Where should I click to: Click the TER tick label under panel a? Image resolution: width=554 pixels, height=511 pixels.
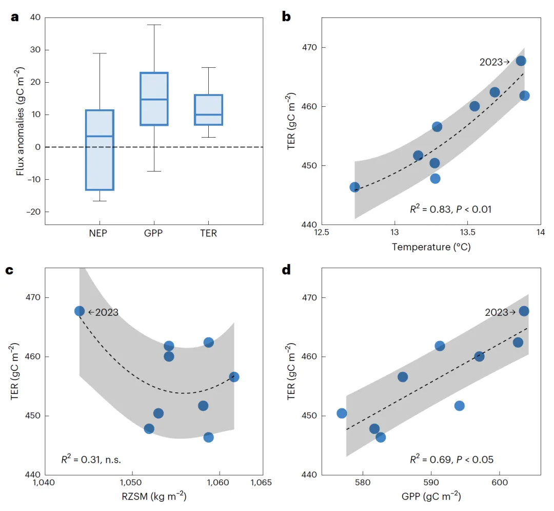(x=209, y=233)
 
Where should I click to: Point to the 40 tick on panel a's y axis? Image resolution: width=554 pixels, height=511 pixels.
(x=35, y=17)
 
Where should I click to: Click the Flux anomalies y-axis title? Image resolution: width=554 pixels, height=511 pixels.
(x=20, y=121)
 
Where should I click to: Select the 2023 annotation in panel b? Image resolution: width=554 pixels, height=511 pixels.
(x=494, y=62)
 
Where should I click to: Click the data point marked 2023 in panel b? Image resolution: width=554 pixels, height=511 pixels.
(x=521, y=61)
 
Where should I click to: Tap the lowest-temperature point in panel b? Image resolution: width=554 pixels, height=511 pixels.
(x=354, y=187)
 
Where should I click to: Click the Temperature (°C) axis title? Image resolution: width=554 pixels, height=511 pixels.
(x=431, y=247)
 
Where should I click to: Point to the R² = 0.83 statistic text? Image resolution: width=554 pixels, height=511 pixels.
(x=450, y=209)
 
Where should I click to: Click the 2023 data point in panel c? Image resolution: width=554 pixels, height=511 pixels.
(x=80, y=311)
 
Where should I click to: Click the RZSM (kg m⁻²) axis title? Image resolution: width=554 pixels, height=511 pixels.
(x=153, y=497)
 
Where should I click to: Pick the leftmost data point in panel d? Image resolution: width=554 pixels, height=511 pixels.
(x=342, y=413)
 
